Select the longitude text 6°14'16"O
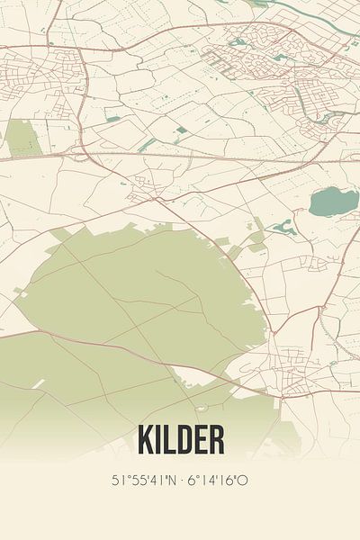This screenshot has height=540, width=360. tap(219, 480)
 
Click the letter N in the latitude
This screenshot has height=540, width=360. tap(170, 480)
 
